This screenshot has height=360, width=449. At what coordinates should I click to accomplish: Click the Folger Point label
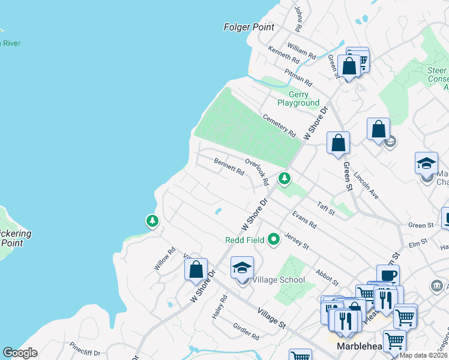point(249,27)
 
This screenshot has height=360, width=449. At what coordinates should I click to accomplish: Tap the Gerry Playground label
point(298,98)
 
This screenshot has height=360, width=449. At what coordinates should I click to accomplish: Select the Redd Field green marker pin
point(274,240)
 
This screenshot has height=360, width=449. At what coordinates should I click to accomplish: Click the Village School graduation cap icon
point(242,267)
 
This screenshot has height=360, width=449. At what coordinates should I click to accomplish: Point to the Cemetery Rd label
point(279,124)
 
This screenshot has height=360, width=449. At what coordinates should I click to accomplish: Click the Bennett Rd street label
point(229,166)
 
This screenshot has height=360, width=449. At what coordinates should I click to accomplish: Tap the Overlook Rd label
point(256,171)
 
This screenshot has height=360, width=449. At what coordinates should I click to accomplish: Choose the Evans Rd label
point(304,219)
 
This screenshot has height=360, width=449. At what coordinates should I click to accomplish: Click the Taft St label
point(326,208)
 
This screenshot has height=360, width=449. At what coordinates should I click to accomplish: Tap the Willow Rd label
point(164,258)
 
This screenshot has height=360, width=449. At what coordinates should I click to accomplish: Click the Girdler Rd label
point(246,332)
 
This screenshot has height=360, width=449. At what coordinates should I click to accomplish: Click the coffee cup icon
point(388,275)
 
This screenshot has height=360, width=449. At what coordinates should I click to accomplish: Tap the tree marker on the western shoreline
point(152,221)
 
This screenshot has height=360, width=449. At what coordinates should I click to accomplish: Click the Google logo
point(20,353)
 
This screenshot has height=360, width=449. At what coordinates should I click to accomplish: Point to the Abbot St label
point(327,275)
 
